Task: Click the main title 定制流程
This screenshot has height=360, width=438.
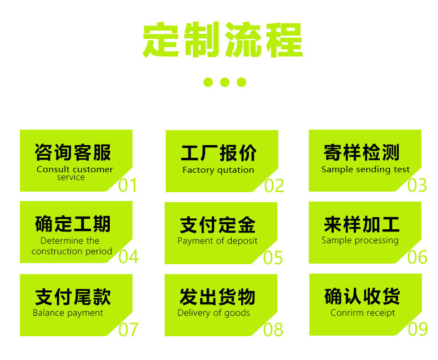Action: (223, 40)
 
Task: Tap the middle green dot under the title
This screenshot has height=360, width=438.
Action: (225, 82)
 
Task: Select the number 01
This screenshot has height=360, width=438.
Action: (128, 185)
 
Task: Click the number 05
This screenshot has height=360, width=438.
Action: (273, 258)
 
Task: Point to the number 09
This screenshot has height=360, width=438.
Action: (417, 329)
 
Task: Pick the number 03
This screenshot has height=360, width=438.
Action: (417, 185)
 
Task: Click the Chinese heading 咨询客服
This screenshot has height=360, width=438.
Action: (73, 152)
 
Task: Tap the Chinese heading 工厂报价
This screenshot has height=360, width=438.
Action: (218, 153)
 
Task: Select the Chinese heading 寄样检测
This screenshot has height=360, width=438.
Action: (361, 152)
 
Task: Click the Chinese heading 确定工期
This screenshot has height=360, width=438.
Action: (73, 224)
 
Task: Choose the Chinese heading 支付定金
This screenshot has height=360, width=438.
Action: (217, 225)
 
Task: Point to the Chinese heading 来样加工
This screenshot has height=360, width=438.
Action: (361, 224)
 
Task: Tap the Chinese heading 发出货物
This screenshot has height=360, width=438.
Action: (217, 297)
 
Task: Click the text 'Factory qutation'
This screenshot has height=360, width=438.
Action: (218, 170)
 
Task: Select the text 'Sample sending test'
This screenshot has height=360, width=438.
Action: (365, 169)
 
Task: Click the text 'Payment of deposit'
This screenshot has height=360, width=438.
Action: (217, 241)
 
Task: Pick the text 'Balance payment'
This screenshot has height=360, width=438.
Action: (68, 313)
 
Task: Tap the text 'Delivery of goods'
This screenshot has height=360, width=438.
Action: (213, 313)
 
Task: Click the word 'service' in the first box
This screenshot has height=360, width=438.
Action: (71, 177)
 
